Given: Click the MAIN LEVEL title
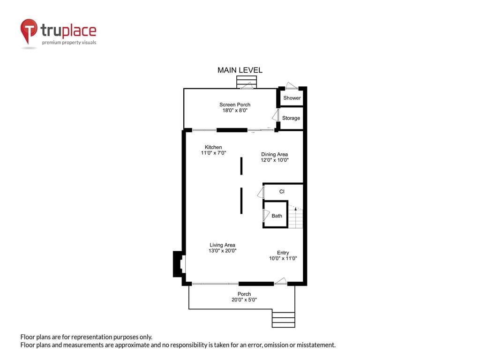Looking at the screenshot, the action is coord(240,70).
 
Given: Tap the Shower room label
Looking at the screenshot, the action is coord(292,98).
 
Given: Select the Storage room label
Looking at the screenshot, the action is coord(291,118).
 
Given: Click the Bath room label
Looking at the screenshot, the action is coord(277,216).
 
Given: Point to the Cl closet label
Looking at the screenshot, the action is coord(282,192).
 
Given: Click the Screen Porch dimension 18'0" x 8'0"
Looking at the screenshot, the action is coord(235,110).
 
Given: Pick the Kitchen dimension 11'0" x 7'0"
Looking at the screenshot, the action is coord(213,153).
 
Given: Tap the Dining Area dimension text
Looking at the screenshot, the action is coord(275,160).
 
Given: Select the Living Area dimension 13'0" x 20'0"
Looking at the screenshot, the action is coord(223,250).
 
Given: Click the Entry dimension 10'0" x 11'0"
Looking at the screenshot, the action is coord(283,258).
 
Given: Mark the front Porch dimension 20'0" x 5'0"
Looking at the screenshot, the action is coord(244,300).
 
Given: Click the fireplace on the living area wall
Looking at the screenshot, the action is coord(179,264).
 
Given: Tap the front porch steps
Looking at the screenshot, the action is coord(284,320).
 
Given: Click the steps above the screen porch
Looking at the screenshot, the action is coord(247,82).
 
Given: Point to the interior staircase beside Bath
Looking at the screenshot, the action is coord(296,217).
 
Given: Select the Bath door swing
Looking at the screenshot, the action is coord(266,216).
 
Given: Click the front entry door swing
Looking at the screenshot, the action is coord(280,281).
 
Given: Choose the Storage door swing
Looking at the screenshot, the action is coord(276,115).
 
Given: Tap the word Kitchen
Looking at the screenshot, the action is coord(213,147).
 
